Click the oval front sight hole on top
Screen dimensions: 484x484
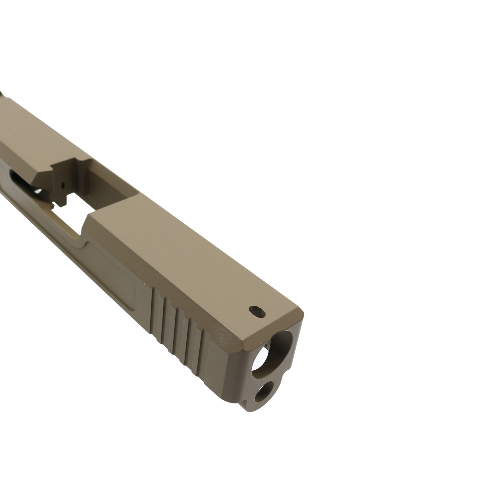[x=257, y=311]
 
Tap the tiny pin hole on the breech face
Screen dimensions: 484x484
[x=62, y=184]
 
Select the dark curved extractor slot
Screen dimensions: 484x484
[x=21, y=178]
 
